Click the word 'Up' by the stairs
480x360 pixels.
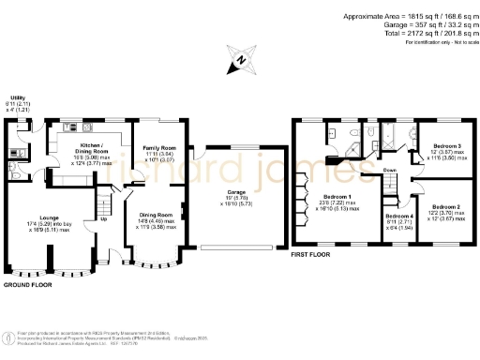102,221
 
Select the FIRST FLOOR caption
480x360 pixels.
311,254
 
